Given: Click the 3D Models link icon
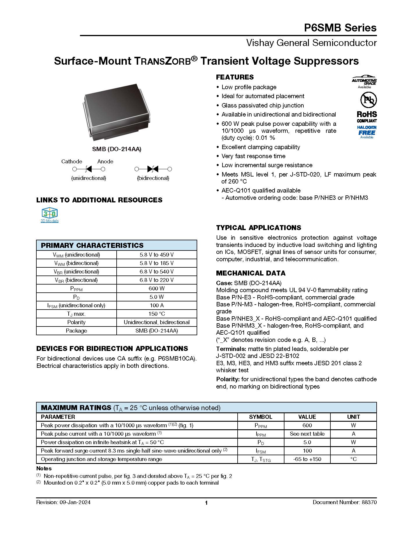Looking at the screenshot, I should pos(50,213).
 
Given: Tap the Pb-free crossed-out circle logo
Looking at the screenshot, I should pos(368,100).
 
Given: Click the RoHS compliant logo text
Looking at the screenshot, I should pos(367,116).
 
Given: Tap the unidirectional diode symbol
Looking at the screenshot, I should pos(89,169).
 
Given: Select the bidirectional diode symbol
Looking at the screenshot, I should pos(153,169).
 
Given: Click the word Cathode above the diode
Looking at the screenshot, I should pos(72,161).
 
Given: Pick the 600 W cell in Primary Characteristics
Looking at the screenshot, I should pos(156,288).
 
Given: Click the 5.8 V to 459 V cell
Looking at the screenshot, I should pos(156,255).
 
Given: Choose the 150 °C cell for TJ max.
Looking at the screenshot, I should pos(156,314).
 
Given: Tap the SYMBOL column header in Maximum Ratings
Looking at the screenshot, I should pos(261,417).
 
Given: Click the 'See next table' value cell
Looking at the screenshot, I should pos(307,434).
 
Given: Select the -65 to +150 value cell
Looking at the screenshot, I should pos(307,459).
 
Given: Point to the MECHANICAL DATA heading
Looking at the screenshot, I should pos(251,273).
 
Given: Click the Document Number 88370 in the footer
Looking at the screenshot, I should pos(345,502).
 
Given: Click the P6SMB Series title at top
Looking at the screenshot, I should pos(340,28).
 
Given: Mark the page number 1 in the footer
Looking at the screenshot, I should pos(206,503).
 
